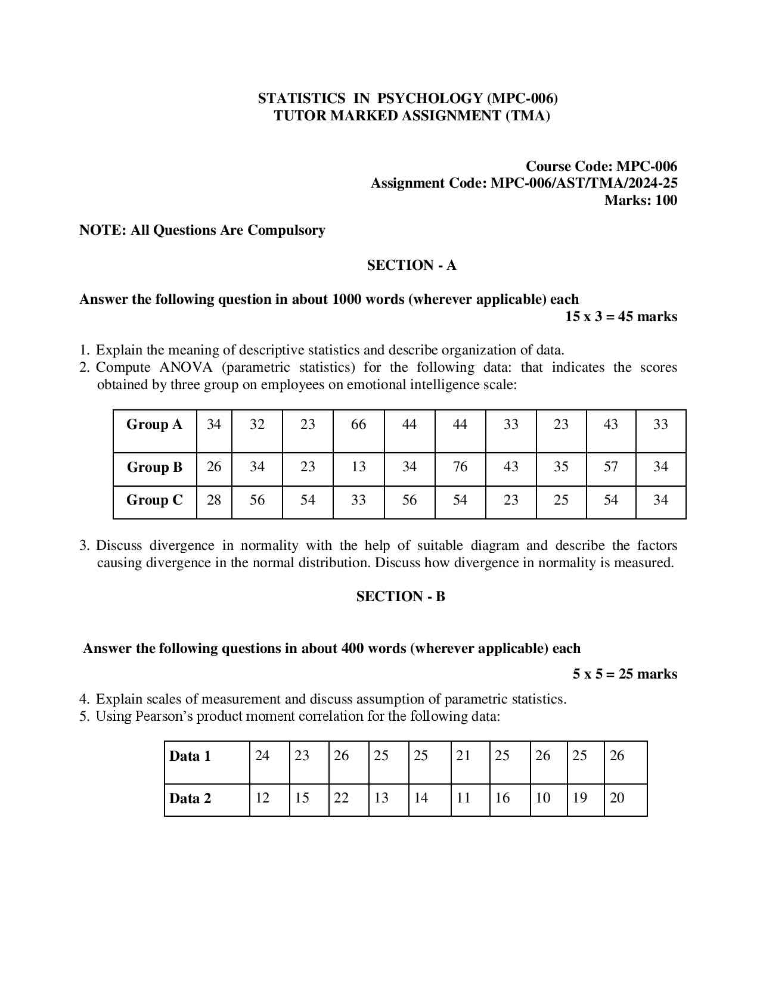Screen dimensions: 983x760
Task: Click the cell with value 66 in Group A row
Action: coord(358,425)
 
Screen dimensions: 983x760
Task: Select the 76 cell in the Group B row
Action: coord(460,466)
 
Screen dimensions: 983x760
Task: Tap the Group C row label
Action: coord(154,500)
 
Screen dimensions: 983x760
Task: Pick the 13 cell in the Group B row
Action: coord(358,466)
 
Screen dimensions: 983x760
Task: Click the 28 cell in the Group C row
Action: coord(213,500)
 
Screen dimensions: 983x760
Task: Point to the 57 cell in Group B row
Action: coord(610,466)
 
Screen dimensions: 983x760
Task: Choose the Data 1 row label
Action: coord(190,757)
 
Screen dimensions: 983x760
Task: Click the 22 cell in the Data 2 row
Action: coord(341,798)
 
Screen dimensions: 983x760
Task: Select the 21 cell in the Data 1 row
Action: coord(463,756)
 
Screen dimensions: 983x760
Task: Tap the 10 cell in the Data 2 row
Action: coord(542,798)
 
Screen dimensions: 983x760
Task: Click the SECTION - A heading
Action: coord(411,266)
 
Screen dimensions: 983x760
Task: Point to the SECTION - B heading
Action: coord(401,597)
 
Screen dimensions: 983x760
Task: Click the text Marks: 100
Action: coord(641,201)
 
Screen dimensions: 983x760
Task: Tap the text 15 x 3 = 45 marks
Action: coord(621,317)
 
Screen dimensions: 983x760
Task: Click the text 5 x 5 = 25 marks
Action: coord(625,674)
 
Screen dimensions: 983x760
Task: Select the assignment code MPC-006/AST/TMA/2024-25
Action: coord(584,183)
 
